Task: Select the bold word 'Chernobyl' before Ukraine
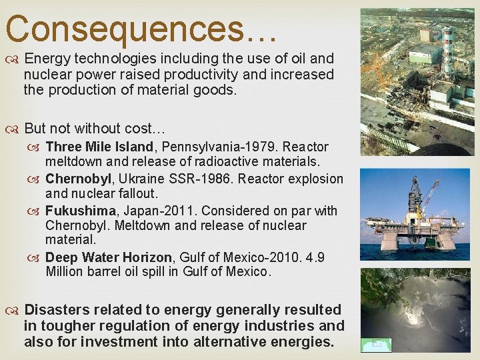[x=75, y=179]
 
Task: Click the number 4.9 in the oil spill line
[x=314, y=257]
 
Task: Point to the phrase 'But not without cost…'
[x=95, y=128]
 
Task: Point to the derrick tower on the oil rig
[x=415, y=193]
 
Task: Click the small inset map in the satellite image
[x=373, y=345]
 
